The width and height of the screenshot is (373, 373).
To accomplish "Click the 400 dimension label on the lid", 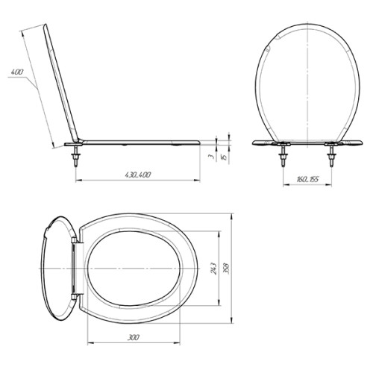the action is click(17, 72).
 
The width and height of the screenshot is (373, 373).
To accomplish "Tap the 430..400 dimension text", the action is click(138, 175).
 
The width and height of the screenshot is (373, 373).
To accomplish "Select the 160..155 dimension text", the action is click(307, 179).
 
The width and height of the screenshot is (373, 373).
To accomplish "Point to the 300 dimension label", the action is click(134, 337).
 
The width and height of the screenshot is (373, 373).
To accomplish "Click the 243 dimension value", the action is click(213, 269).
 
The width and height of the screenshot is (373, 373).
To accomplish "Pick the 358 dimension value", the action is click(226, 269).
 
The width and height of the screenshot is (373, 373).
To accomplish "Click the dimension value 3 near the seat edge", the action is click(212, 156).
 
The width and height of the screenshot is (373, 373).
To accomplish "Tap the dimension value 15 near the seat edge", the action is click(225, 157).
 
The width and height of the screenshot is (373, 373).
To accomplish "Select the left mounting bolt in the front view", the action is click(283, 156).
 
